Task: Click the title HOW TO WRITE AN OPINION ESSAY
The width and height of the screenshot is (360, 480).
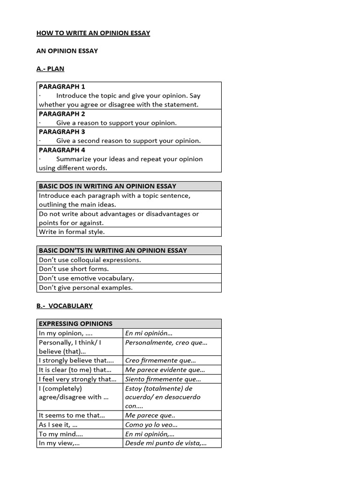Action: (x=93, y=33)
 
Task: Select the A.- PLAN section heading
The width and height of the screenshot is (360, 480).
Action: (x=50, y=69)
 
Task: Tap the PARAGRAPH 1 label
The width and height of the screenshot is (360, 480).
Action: (x=62, y=87)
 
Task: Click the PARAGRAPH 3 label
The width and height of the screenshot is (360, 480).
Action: (x=62, y=132)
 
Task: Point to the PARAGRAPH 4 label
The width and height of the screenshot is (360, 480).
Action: (x=62, y=150)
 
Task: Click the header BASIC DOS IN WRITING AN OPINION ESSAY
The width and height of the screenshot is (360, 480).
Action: (x=107, y=187)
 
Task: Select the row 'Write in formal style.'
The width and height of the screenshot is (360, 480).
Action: (x=72, y=232)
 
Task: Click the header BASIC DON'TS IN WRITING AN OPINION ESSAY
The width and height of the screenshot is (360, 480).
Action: (x=112, y=251)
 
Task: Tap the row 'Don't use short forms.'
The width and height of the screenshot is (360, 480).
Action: (x=74, y=269)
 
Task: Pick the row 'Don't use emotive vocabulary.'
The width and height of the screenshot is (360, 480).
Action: (x=86, y=278)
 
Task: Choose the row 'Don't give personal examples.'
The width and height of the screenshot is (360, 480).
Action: (x=86, y=288)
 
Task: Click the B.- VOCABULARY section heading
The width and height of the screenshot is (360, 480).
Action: (x=65, y=306)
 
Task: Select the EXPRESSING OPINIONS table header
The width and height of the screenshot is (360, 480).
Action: (x=75, y=324)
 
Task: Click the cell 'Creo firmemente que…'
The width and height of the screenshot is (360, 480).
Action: (x=160, y=360)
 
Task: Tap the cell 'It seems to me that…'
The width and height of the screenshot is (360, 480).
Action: (x=72, y=415)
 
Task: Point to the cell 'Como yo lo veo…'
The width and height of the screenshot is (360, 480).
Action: (x=151, y=425)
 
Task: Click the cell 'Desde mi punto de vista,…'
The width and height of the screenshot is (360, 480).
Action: (x=165, y=443)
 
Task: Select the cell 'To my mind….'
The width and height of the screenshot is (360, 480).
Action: (x=60, y=434)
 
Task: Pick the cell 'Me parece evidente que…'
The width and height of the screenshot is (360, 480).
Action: (x=165, y=370)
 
